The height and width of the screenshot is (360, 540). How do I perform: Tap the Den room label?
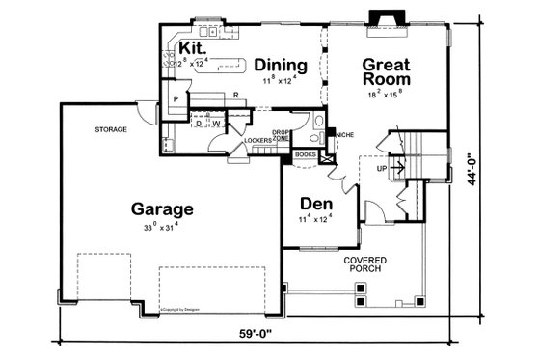[x=316, y=205]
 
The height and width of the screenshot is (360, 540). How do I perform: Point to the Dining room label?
[x=282, y=66]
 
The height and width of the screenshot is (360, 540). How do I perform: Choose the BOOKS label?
[x=305, y=153]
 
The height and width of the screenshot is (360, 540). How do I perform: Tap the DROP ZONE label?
[x=281, y=135]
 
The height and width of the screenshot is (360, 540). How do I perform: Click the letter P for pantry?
[x=177, y=99]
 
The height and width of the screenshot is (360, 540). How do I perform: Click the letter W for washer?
[x=215, y=124]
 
